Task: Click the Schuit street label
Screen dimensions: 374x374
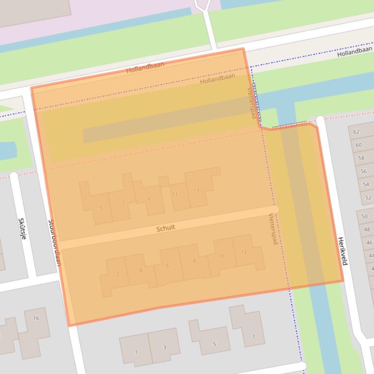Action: coord(166,228)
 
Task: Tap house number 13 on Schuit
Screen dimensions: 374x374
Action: coord(196,191)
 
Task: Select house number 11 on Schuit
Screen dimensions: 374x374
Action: coord(174,194)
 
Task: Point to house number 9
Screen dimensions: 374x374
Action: coord(149,199)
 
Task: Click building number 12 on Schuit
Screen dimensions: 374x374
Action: coord(244,252)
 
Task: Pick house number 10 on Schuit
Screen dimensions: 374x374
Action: coord(221,256)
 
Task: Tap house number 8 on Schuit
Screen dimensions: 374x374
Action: coord(194,261)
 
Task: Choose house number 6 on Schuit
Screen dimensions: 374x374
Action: coord(168,266)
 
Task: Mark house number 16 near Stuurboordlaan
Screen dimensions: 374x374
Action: coord(36,318)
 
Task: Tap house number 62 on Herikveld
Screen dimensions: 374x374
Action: coord(357,132)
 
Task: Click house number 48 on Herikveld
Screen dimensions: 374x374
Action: coord(367,230)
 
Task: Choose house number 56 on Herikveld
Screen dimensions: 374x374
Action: coord(364,171)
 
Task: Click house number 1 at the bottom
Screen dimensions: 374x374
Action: coord(136,352)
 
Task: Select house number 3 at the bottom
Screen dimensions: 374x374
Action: coord(164,347)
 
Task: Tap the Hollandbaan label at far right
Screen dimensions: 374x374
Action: coord(355,51)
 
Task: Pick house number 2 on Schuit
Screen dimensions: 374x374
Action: coord(118,274)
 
